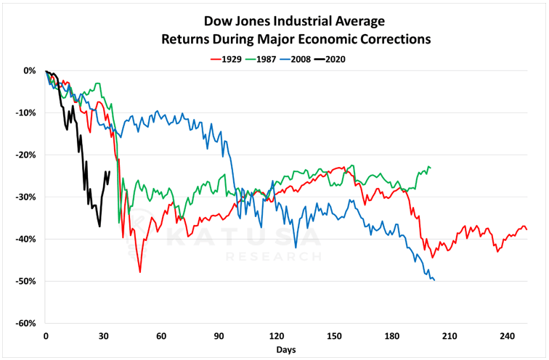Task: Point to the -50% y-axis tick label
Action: tap(27, 282)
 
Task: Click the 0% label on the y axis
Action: tap(30, 71)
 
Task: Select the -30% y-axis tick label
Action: tap(27, 197)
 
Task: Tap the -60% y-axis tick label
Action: tap(27, 324)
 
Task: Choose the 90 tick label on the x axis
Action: tap(219, 336)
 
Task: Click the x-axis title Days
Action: tap(285, 349)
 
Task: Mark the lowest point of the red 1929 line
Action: tap(139, 272)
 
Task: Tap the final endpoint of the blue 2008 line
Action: tap(434, 280)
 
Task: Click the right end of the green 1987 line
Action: tap(430, 168)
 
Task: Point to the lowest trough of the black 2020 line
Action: tap(99, 226)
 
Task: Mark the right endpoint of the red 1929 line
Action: tap(526, 229)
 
